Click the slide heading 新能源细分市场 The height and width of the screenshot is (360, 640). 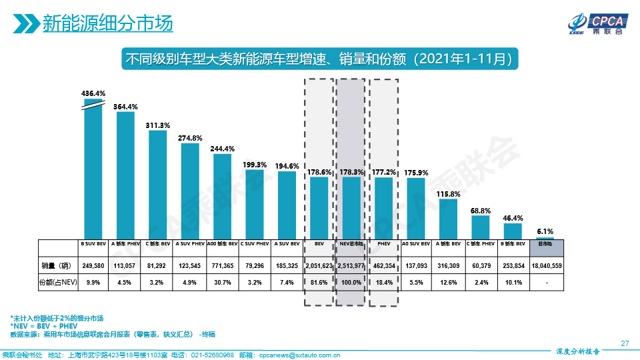pos(107,24)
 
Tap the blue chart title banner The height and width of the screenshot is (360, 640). pos(319,58)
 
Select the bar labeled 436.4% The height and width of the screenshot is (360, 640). pos(93,170)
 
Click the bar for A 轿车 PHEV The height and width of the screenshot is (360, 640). pos(125,175)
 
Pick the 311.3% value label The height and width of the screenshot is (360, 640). pos(157,125)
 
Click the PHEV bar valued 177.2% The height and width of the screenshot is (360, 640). pos(383,207)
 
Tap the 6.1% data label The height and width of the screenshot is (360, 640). pos(545,231)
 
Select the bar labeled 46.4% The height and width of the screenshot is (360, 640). pos(513,231)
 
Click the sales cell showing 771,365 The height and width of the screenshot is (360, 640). pos(222,265)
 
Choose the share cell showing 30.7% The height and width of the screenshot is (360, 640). pos(222,282)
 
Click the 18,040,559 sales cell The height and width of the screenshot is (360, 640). pos(547,265)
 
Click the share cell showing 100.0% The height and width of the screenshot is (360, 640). pos(351,282)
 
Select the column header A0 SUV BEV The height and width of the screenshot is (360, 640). pos(416,245)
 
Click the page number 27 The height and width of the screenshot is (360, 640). pos(625,343)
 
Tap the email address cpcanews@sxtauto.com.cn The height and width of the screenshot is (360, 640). pos(300,355)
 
